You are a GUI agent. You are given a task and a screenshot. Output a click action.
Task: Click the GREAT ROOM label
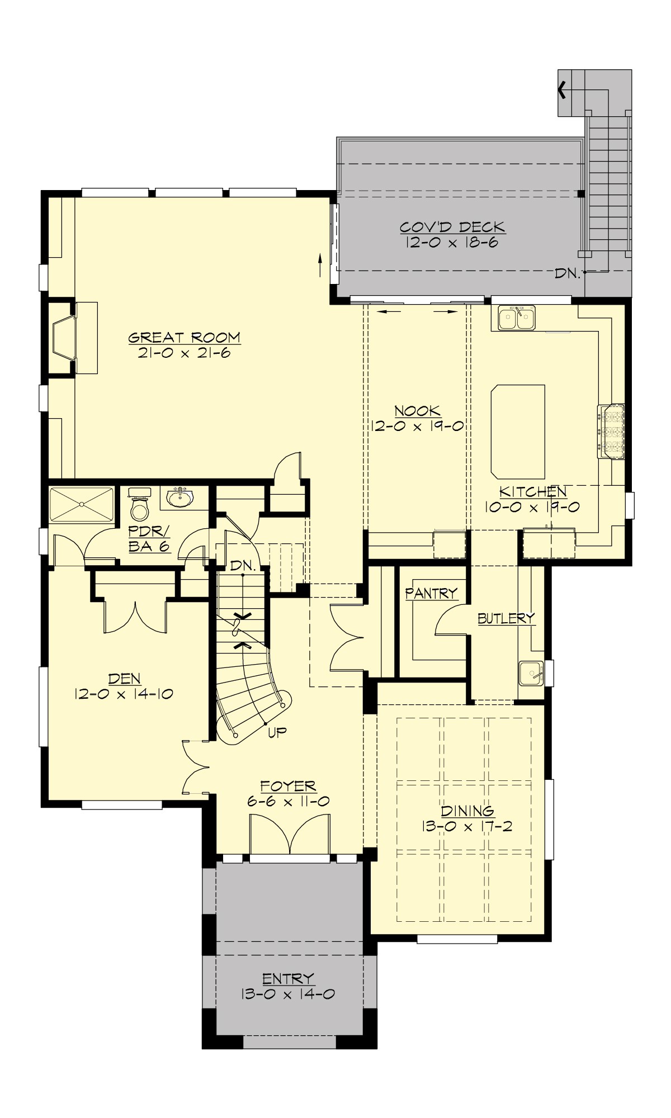[184, 338]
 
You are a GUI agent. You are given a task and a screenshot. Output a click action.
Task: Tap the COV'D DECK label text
[452, 227]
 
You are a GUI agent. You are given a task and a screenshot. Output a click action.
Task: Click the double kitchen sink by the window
[517, 319]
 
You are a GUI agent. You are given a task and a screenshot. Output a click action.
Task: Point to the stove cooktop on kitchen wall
[611, 432]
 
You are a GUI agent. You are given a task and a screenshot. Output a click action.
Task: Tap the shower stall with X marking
[82, 505]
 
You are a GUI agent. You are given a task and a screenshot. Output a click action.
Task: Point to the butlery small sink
[530, 673]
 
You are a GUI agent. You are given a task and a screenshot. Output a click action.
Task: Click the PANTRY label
[431, 593]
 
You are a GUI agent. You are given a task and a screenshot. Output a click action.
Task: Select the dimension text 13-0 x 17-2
[467, 826]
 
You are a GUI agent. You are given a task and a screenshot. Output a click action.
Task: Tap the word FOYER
[288, 786]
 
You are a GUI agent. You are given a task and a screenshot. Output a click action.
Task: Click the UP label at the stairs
[277, 732]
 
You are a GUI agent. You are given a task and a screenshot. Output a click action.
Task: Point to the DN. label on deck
[568, 273]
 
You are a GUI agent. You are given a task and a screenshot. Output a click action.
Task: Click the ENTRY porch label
[288, 978]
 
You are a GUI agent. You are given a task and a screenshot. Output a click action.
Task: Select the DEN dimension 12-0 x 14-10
[124, 694]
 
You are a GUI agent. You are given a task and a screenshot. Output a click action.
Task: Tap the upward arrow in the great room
[320, 265]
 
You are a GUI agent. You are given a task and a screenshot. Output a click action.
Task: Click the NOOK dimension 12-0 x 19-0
[417, 426]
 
